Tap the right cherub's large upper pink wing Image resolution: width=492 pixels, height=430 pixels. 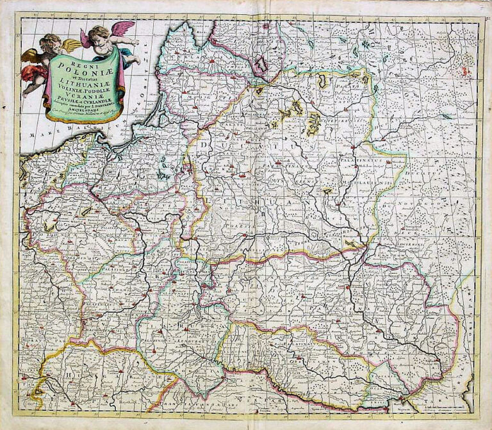click(121, 29)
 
